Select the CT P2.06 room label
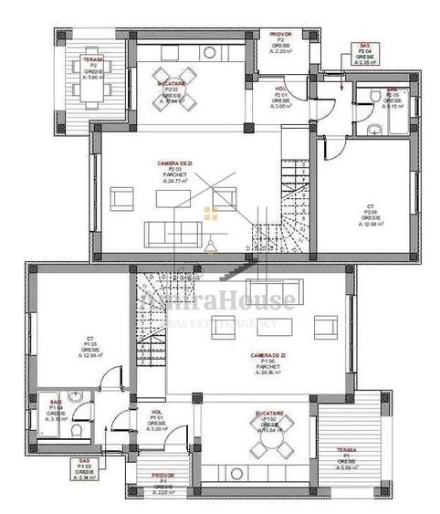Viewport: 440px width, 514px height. tap(371, 214)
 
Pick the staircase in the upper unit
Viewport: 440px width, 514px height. tap(290, 210)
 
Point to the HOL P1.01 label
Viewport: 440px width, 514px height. tap(156, 419)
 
